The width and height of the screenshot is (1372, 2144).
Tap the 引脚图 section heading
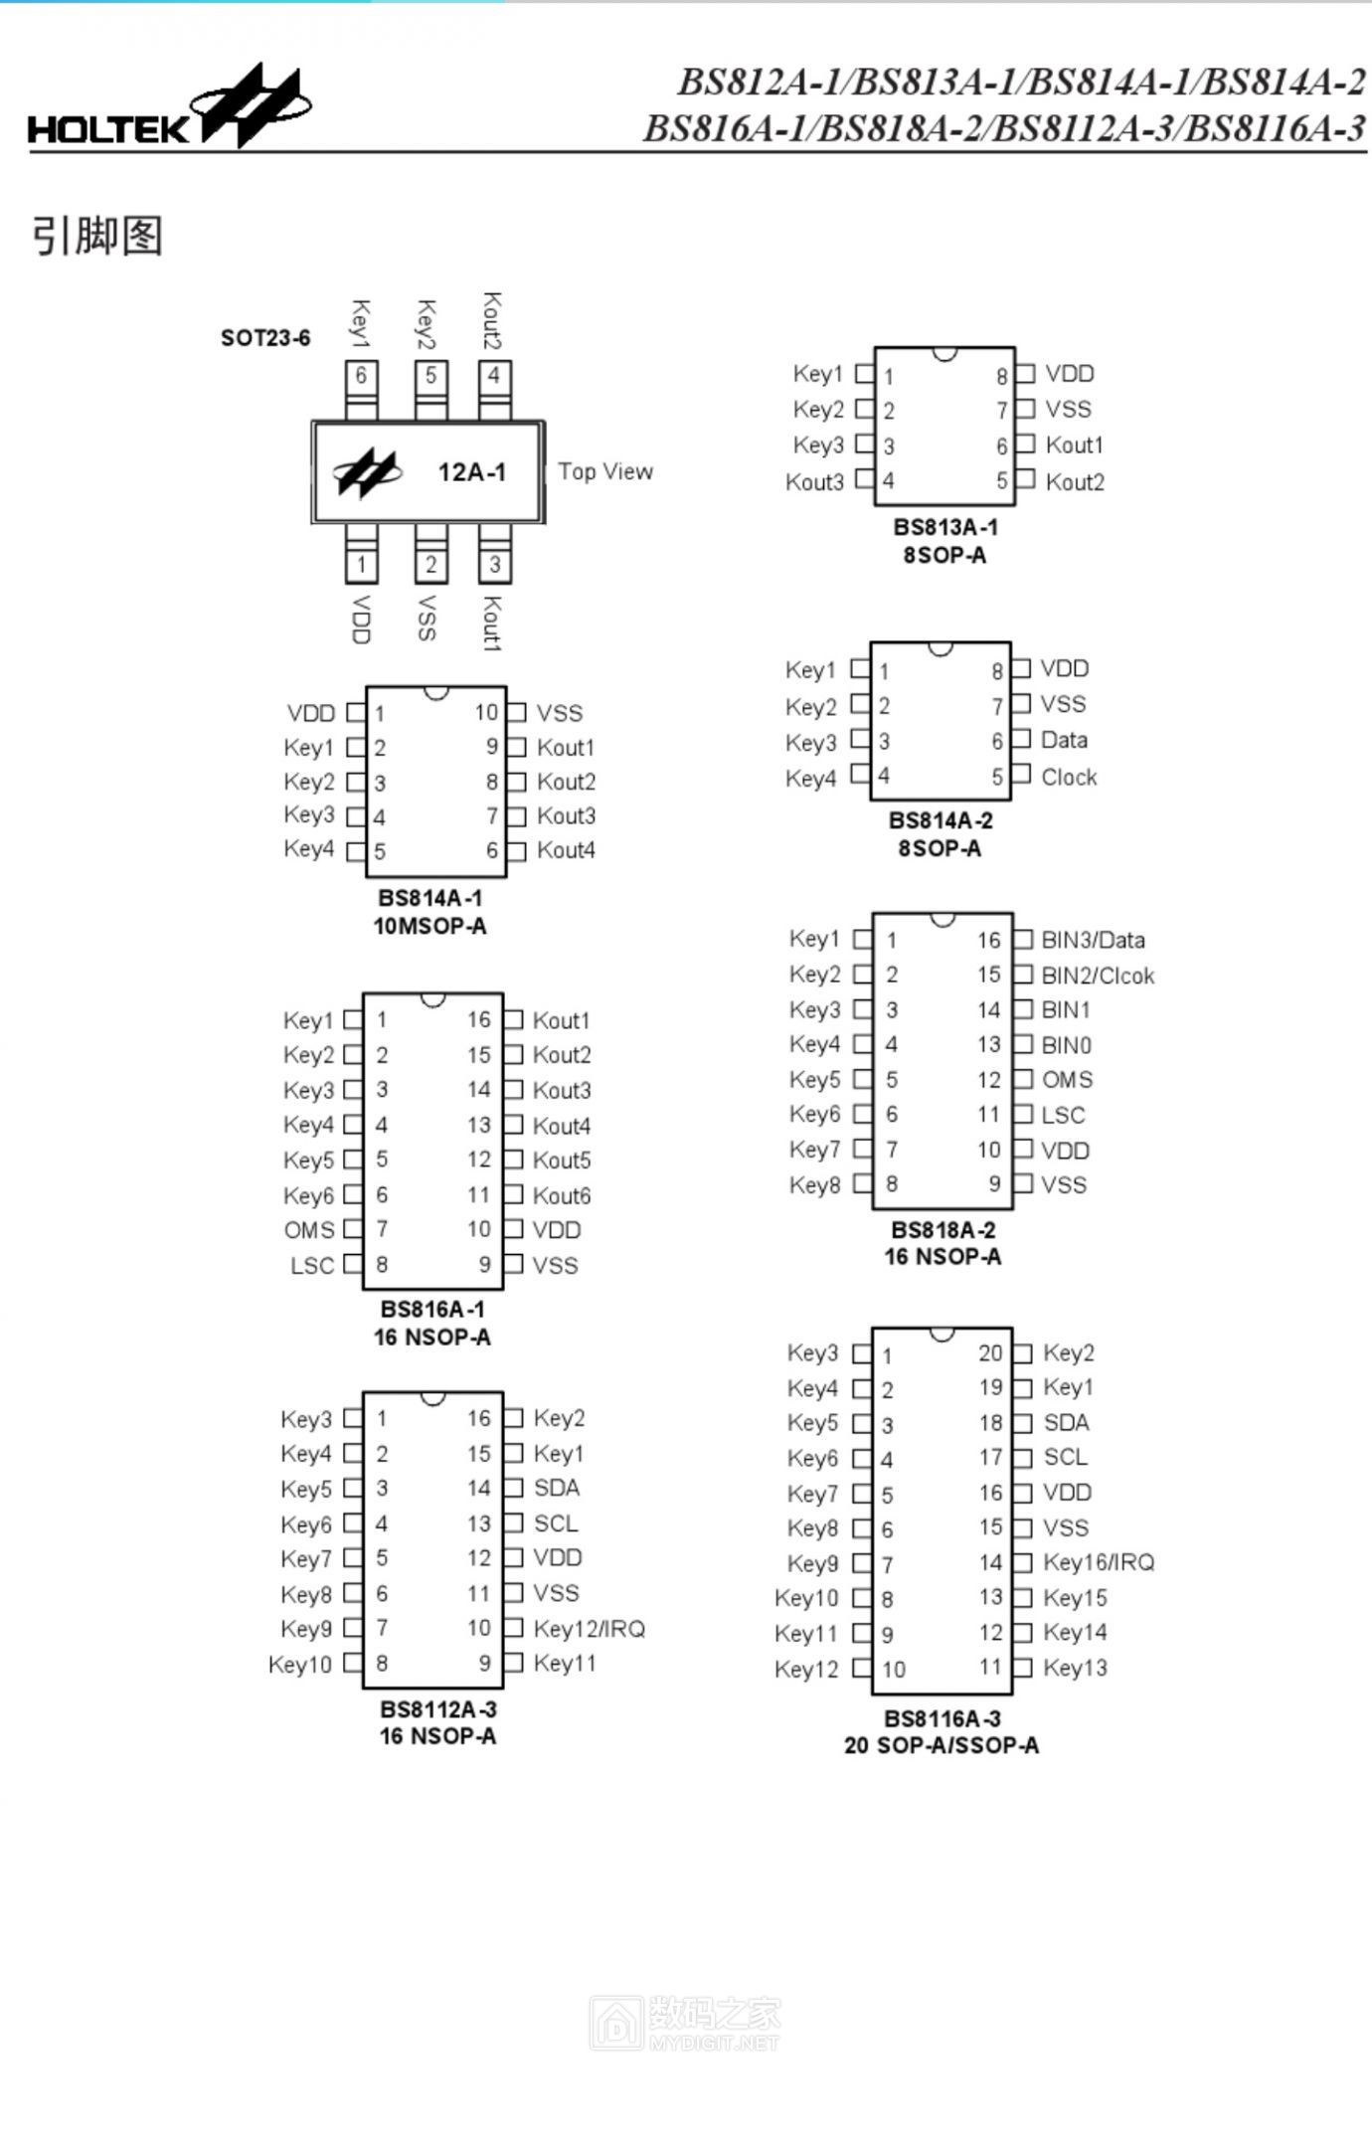coord(97,236)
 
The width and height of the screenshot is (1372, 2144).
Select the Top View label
coord(605,471)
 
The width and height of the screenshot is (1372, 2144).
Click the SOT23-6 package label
coord(265,338)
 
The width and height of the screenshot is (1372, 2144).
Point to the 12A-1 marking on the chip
coord(471,472)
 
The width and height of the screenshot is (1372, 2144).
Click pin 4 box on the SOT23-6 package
coord(494,376)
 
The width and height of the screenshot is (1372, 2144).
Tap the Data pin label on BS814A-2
coord(1064,740)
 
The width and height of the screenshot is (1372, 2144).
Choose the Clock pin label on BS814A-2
coord(1069,777)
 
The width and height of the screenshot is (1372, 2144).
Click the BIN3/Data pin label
coord(1093,940)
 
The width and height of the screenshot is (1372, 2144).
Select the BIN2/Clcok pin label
coord(1098,976)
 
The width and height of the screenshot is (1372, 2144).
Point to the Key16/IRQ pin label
coord(1099,1562)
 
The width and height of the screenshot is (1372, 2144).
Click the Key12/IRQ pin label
coord(590,1629)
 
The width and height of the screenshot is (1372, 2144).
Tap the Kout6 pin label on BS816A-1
coord(562,1195)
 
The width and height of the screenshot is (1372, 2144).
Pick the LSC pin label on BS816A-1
coord(312,1266)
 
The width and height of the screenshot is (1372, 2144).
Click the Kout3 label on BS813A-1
coord(814,482)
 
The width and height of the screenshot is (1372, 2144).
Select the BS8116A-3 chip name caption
coord(943,1718)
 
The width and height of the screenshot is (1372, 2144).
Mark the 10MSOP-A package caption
coord(429,926)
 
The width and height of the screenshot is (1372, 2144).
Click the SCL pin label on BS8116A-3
coord(1065,1457)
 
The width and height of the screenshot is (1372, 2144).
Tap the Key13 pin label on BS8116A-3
coord(1075,1668)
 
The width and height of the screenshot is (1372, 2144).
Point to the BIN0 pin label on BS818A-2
coord(1066,1045)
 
